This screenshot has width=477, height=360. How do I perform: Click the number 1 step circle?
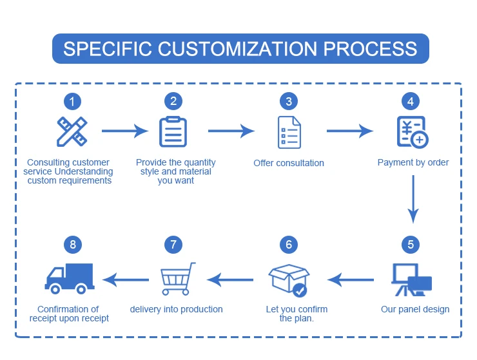click(x=73, y=101)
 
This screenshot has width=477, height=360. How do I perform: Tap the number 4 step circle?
click(x=410, y=101)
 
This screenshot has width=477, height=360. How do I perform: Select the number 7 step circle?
click(x=173, y=245)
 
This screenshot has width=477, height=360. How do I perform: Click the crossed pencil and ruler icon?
click(x=72, y=131)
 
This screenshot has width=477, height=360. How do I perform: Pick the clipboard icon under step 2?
click(x=173, y=132)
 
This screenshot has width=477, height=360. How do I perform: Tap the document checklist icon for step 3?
click(x=288, y=132)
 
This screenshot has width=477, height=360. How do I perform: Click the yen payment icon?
click(x=411, y=132)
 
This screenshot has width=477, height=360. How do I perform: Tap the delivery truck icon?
click(x=69, y=278)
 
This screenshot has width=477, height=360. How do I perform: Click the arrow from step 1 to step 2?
click(x=124, y=131)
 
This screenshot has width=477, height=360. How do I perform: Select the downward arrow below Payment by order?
click(x=414, y=200)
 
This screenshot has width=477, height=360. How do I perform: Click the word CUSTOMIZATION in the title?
click(x=247, y=49)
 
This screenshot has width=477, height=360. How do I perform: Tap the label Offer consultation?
click(x=289, y=163)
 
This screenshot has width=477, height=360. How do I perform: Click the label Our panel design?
click(x=415, y=309)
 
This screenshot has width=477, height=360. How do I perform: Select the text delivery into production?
click(x=176, y=309)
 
